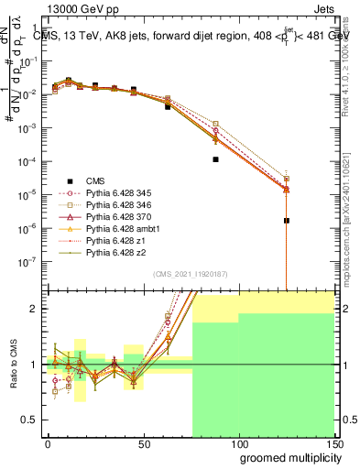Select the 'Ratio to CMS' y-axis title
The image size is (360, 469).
click(x=14, y=364)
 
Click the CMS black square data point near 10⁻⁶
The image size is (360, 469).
click(x=287, y=221)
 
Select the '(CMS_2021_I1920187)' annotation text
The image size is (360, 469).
click(x=191, y=274)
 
